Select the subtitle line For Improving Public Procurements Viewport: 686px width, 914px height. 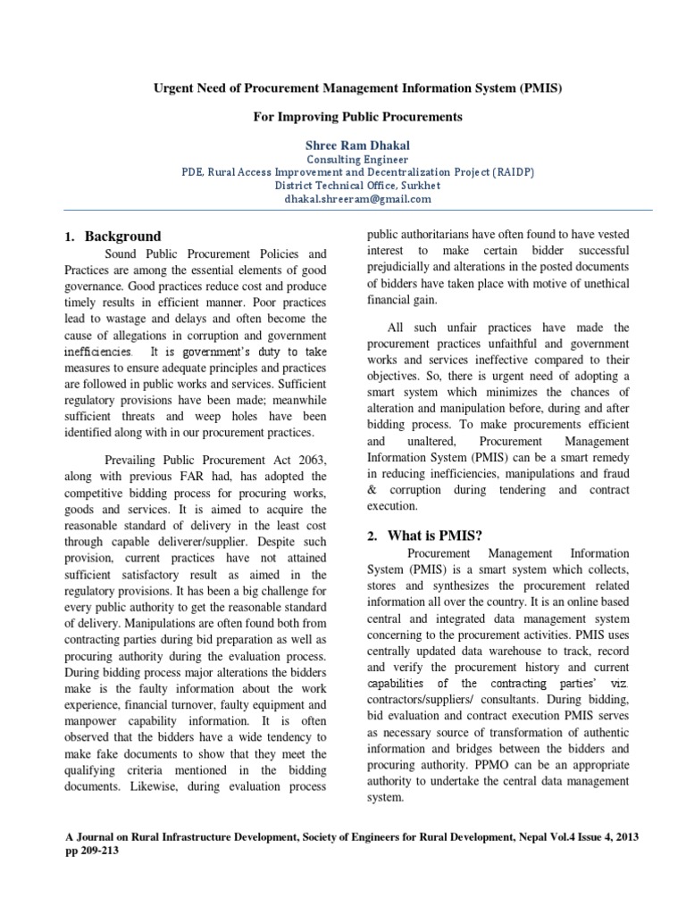click(343, 117)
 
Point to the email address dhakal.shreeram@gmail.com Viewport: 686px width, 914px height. click(343, 199)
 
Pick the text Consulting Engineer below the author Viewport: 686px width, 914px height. click(343, 159)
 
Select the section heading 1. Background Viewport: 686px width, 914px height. click(113, 237)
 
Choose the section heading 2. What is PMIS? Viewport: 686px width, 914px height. click(425, 536)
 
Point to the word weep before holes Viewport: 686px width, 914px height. click(201, 416)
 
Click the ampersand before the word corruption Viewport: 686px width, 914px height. click(373, 490)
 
